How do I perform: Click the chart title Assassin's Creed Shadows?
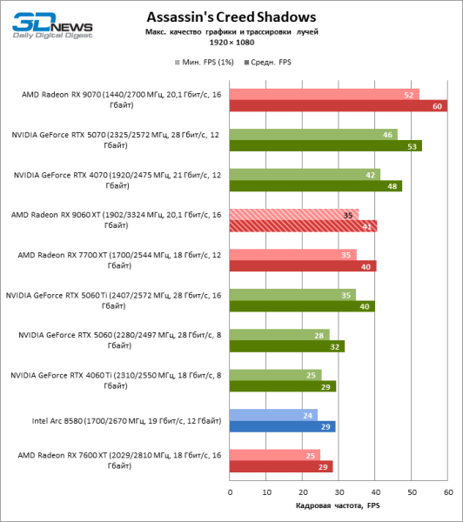(x=231, y=17)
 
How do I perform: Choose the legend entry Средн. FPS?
(x=271, y=64)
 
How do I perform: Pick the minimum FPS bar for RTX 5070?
(x=313, y=135)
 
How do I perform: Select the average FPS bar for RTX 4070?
(x=315, y=186)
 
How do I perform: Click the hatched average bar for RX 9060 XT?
(x=303, y=226)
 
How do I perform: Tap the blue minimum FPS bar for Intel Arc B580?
(x=273, y=415)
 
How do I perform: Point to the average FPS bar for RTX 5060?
(x=286, y=346)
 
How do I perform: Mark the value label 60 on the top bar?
(x=439, y=106)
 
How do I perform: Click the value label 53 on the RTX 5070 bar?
(x=413, y=146)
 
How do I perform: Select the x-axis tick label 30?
(x=339, y=492)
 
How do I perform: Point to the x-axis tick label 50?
(x=412, y=492)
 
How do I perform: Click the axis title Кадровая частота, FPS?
(x=339, y=505)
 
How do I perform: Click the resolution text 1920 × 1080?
(x=231, y=42)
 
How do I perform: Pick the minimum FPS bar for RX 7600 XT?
(x=275, y=455)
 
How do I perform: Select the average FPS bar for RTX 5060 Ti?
(x=301, y=306)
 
